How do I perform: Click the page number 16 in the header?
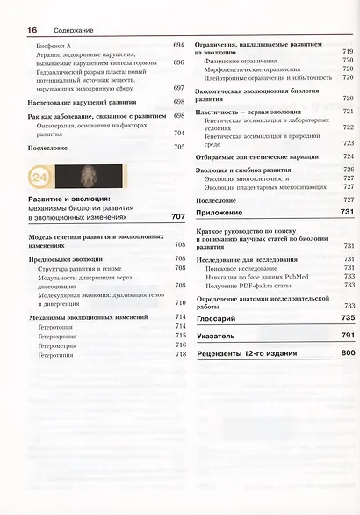[32, 30]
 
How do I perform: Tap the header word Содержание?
[64, 31]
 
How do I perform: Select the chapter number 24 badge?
[40, 178]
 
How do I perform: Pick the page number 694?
[179, 45]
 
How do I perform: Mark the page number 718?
[181, 354]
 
